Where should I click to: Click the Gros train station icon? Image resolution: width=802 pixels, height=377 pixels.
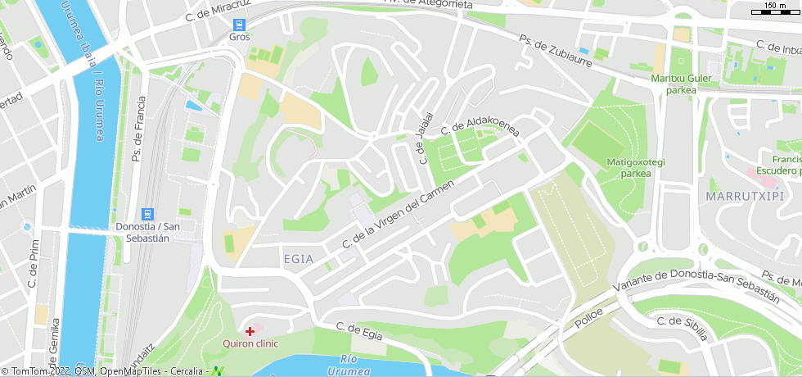point(239,25)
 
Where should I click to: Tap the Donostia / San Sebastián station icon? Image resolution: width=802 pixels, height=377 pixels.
point(147,213)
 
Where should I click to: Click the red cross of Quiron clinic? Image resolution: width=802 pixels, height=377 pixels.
point(250,331)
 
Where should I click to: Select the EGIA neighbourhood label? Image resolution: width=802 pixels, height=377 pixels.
point(298,258)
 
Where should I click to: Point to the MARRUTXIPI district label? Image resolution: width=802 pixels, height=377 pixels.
point(745,196)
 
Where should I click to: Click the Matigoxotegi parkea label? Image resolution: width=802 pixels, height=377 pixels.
point(636,167)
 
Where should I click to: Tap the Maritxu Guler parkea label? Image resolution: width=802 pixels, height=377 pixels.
point(682,84)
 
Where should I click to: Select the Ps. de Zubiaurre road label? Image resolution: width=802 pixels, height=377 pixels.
point(556,52)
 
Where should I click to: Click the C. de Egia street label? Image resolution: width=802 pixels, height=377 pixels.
point(360,329)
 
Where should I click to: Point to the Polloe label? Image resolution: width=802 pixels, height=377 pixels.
point(588,317)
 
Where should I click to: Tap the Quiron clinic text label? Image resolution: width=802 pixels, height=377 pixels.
point(250,344)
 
